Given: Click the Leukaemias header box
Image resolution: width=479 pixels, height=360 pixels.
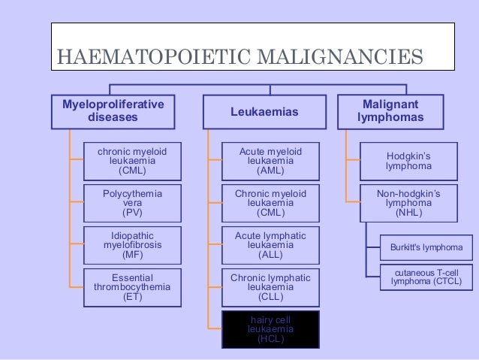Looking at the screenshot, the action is tap(264, 112).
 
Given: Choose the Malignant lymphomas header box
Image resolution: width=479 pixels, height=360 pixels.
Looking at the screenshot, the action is tap(390, 111).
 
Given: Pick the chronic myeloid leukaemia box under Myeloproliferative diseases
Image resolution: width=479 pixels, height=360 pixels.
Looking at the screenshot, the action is tap(132, 161).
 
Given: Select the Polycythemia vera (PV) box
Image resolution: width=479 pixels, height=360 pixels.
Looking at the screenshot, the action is tap(132, 203).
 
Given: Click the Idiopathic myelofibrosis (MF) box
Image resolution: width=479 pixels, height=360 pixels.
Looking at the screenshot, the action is tap(132, 245).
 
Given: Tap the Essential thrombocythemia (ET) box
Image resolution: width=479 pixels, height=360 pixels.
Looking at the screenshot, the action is tap(132, 287).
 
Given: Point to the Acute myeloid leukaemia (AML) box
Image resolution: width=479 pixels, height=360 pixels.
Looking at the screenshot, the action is tap(270, 161).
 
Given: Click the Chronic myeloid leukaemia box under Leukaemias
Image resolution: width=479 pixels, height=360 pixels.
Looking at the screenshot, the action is tap(270, 203).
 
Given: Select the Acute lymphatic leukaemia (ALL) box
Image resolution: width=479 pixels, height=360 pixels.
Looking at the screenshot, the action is tap(270, 245).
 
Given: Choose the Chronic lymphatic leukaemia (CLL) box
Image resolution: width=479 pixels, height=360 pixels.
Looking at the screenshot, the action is tap(270, 287).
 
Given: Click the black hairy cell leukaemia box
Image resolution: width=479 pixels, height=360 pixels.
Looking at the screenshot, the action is tap(270, 329).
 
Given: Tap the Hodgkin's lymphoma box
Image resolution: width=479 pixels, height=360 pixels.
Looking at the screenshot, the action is tap(409, 161).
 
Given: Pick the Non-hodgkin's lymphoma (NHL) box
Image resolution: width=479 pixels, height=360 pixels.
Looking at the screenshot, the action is tap(409, 203).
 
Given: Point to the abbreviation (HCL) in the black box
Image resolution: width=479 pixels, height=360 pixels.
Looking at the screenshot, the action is tap(270, 339).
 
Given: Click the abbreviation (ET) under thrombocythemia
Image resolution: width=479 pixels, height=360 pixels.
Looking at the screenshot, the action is tap(132, 297).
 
